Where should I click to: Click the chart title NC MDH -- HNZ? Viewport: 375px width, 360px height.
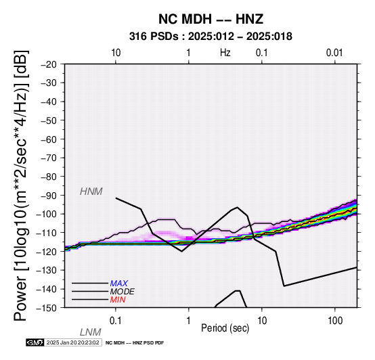(x=211, y=19)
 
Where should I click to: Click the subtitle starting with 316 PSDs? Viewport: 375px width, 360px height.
(x=211, y=37)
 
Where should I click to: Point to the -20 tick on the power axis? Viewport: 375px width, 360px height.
(x=49, y=64)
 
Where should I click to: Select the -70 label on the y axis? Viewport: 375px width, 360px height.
(x=49, y=158)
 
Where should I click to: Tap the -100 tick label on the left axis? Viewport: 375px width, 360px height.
(x=47, y=214)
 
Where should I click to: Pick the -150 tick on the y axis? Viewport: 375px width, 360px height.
(x=47, y=308)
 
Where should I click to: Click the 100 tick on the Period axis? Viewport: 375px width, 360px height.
(x=335, y=321)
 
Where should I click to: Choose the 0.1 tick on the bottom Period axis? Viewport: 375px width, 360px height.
(x=116, y=321)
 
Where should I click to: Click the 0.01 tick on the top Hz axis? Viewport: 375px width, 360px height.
(x=334, y=53)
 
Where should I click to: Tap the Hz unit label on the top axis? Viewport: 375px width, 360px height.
(x=225, y=53)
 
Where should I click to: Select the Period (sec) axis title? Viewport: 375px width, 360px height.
(x=225, y=328)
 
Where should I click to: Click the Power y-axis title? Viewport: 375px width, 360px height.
(x=21, y=185)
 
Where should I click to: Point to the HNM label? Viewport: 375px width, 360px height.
(x=91, y=192)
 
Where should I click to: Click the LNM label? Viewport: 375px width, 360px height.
(x=91, y=332)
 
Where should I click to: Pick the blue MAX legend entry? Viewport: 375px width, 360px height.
(x=119, y=284)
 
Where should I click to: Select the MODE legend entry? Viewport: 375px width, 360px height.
(x=123, y=292)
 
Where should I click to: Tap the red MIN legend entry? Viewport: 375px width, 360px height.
(x=118, y=300)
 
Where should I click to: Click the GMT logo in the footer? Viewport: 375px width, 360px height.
(x=35, y=342)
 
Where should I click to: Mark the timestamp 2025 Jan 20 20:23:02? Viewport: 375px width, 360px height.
(x=72, y=342)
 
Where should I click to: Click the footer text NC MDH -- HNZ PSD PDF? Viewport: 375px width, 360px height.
(x=135, y=343)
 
